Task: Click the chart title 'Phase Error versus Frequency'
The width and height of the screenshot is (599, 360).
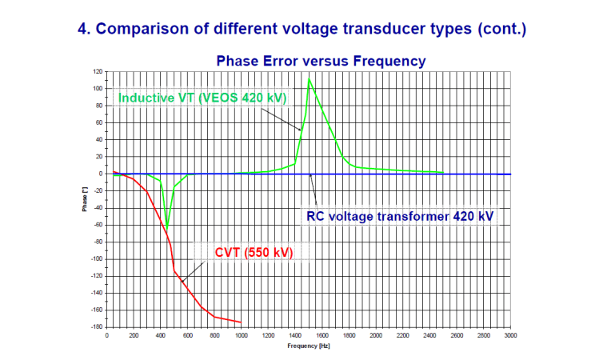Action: [x=320, y=61]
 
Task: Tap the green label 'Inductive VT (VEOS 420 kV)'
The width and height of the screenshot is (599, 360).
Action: [x=202, y=98]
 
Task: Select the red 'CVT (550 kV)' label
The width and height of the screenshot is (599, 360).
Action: [x=254, y=253]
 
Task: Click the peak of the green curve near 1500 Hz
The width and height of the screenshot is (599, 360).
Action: [x=309, y=78]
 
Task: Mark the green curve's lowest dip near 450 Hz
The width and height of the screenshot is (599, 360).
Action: [x=167, y=228]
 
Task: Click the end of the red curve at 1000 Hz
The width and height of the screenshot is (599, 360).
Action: [x=241, y=322]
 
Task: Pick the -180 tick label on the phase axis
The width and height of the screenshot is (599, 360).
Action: [x=95, y=327]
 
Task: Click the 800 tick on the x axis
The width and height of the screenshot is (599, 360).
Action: [x=214, y=335]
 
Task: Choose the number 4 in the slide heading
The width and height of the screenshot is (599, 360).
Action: [x=82, y=29]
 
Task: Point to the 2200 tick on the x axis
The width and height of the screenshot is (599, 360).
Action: [x=402, y=335]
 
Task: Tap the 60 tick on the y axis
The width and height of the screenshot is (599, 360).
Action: [x=98, y=122]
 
